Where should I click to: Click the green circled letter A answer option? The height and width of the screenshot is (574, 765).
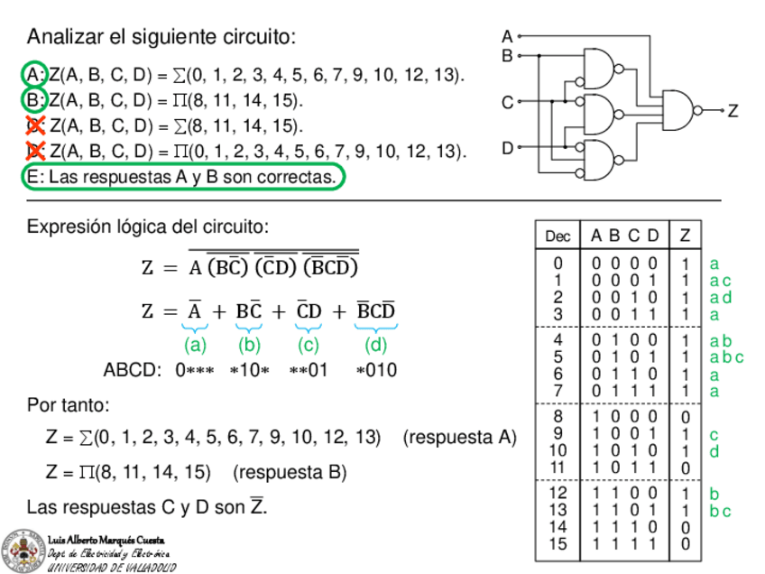coord(34,73)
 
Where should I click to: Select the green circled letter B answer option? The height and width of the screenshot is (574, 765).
coord(34,98)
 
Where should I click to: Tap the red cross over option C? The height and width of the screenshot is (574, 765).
coord(35,125)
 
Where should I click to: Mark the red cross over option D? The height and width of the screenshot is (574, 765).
coord(35,150)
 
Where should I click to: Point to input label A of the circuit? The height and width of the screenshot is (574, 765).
coord(507,37)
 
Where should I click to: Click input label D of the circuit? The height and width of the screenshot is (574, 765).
coord(507,147)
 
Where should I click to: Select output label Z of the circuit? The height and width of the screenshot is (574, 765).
coord(733,111)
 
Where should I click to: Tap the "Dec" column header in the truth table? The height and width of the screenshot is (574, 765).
coord(558,236)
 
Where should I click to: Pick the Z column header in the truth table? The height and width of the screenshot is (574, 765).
coord(685,236)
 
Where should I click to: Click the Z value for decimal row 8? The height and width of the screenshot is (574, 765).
coord(686,417)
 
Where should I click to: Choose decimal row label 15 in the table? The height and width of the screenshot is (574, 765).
coord(558,544)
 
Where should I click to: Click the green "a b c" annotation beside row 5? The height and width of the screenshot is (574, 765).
coord(725,357)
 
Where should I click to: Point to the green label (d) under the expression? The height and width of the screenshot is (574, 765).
coord(375,345)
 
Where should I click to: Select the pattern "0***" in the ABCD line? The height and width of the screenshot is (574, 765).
coord(194,370)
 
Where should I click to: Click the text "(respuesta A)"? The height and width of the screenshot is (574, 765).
coord(459,438)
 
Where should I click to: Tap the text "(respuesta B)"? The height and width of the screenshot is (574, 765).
coord(290,472)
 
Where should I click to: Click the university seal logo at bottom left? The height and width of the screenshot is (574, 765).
coord(22,550)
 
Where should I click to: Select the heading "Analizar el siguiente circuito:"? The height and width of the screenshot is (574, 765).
coord(161,38)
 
